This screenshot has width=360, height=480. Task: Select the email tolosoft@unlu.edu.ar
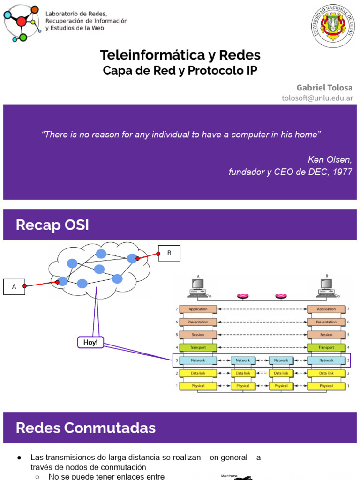(317, 97)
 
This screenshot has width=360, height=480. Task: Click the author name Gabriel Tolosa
(324, 88)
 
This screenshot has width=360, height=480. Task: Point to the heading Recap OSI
(52, 225)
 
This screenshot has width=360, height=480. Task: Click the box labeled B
(169, 254)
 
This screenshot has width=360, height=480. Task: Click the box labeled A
(14, 287)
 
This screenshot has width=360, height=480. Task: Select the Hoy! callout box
(90, 343)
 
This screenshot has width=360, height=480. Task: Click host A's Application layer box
(198, 309)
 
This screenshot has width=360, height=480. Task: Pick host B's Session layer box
(326, 335)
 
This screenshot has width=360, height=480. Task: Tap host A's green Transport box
(198, 348)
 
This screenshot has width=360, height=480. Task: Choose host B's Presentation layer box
(326, 322)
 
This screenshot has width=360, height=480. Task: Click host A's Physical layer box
(198, 386)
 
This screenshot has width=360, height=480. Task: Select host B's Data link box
(326, 373)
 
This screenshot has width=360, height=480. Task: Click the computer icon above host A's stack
(198, 287)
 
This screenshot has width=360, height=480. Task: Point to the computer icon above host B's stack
(327, 287)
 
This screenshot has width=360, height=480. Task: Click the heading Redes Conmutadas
(86, 427)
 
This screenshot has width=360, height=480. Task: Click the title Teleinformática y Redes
(180, 55)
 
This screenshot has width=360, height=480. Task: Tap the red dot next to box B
(158, 254)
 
